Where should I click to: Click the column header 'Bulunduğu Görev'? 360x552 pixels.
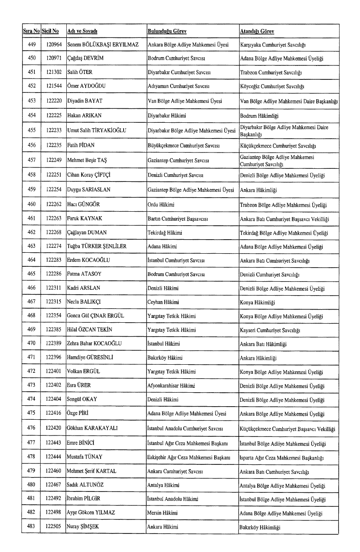click(167, 31)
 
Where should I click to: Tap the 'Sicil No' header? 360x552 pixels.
click(50, 31)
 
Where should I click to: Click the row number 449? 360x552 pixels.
click(32, 45)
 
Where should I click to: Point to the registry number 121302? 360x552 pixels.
click(54, 72)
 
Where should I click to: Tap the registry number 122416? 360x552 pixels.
click(54, 413)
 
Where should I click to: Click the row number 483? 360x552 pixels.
click(32, 526)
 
